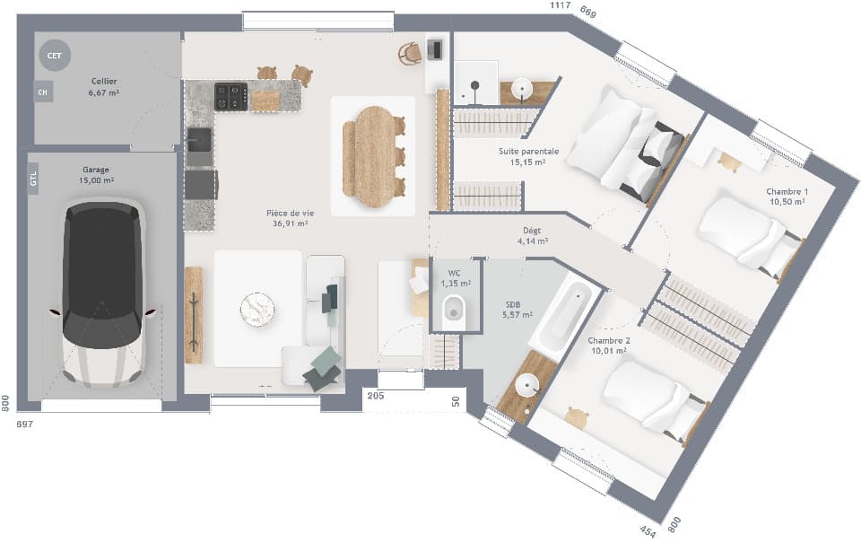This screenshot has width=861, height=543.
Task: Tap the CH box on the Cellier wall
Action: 42,91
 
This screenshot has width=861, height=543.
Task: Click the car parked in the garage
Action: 101,294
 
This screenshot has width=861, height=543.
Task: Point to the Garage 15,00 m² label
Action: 98,175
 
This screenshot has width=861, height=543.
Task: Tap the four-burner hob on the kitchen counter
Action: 230,96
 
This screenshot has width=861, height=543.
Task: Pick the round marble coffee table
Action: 257,309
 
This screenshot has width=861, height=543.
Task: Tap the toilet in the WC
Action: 454,309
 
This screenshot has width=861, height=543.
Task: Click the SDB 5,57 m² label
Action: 517,310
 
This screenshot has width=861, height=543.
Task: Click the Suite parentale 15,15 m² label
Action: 528,157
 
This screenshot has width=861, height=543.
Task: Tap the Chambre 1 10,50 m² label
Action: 786,197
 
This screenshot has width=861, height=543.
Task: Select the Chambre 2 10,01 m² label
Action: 608,346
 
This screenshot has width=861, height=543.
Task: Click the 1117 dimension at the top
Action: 561,6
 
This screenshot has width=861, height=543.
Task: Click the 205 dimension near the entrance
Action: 375,396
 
